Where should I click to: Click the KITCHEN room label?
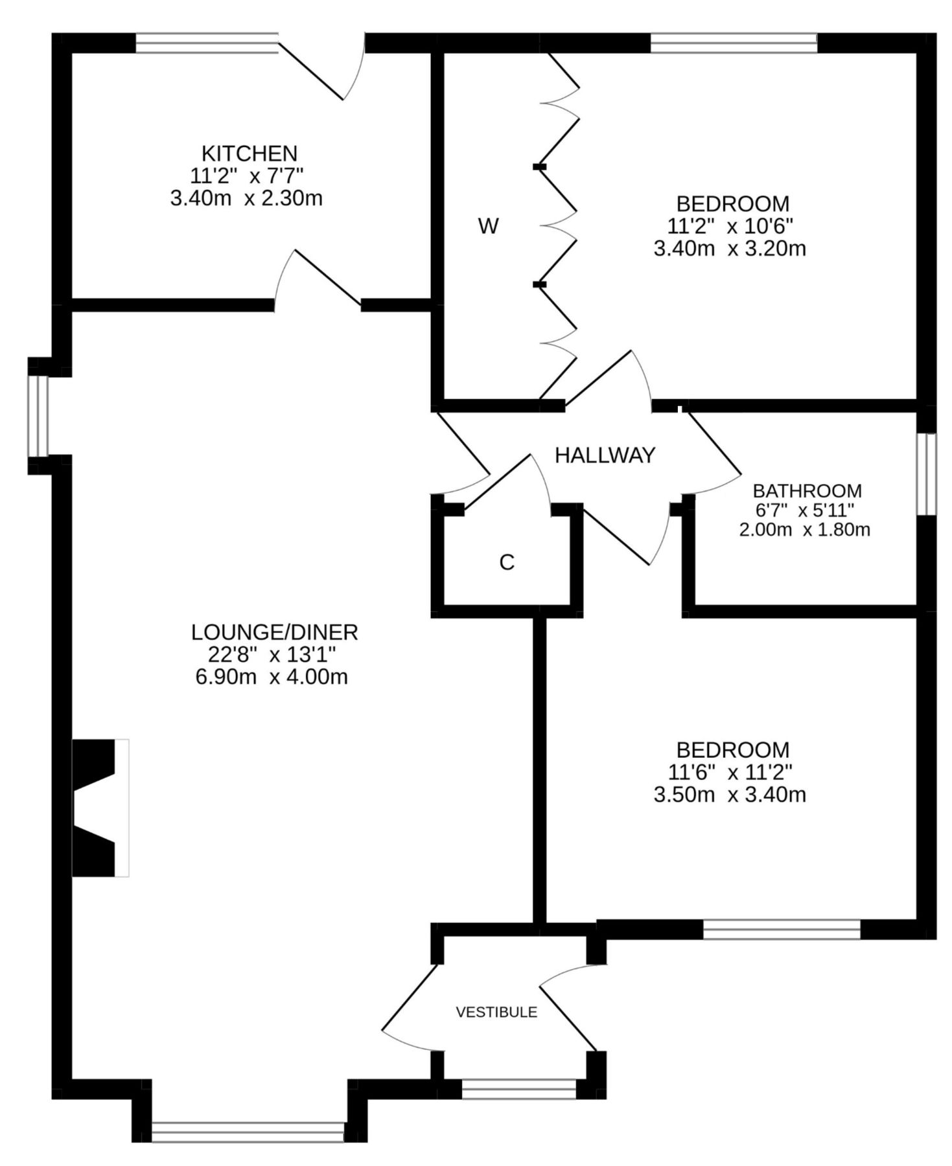(250, 154)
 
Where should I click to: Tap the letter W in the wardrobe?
(488, 227)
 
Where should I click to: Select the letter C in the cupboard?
(507, 562)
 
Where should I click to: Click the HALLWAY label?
(605, 455)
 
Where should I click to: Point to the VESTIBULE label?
(496, 1012)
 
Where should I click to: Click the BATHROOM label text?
(807, 490)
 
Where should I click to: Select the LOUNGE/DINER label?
(274, 632)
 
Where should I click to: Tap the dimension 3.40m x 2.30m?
(246, 198)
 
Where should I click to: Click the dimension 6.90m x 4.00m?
(272, 677)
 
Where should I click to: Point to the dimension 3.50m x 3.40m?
(730, 794)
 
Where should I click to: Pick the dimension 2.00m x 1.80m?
(804, 529)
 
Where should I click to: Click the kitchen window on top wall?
(206, 43)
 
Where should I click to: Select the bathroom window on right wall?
(928, 474)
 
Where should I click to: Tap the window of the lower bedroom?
(781, 929)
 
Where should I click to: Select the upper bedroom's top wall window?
(733, 43)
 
